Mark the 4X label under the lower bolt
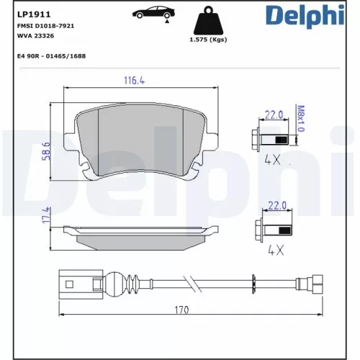coord(276,252)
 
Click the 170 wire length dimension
coord(181,310)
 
